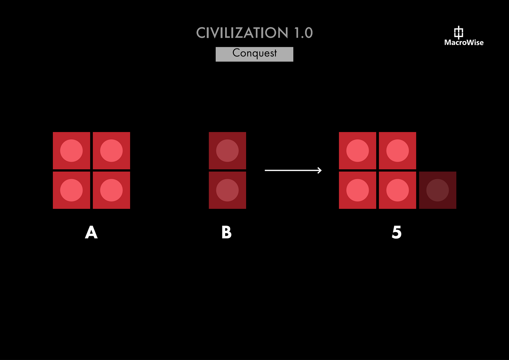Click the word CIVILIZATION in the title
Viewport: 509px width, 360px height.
click(x=242, y=33)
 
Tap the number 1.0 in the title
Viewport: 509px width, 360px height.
click(x=303, y=33)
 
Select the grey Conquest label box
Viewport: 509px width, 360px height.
click(x=254, y=54)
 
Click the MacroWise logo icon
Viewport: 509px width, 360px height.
click(x=458, y=32)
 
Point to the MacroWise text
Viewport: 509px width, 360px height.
click(x=464, y=43)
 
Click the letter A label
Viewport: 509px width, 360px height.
click(x=91, y=232)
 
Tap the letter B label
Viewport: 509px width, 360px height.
click(x=227, y=232)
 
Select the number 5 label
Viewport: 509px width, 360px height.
click(x=396, y=232)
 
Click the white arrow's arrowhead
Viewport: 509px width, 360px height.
click(x=319, y=170)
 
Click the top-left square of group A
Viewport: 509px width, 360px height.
click(x=71, y=151)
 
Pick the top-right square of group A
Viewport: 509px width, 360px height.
click(x=111, y=151)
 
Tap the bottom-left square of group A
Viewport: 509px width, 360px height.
click(x=71, y=190)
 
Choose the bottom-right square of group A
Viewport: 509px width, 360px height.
click(x=111, y=190)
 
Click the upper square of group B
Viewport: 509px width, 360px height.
click(x=227, y=151)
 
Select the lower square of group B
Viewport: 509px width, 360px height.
click(x=227, y=190)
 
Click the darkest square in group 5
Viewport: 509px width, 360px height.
click(x=437, y=190)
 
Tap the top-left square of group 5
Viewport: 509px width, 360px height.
click(x=357, y=151)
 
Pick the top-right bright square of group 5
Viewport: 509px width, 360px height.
click(x=397, y=151)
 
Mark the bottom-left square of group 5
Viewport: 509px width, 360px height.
click(x=357, y=190)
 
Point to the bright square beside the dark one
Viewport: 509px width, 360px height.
click(x=397, y=190)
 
